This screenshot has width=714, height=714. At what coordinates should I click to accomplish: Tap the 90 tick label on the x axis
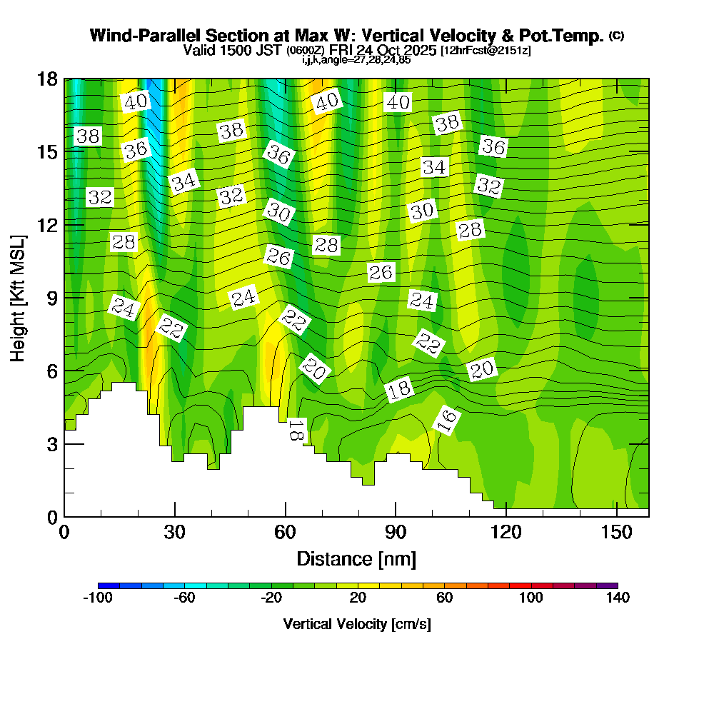tap(396, 532)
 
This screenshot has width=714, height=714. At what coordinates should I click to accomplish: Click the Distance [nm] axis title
tap(356, 558)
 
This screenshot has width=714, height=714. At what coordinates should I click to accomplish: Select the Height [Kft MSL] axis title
tap(19, 297)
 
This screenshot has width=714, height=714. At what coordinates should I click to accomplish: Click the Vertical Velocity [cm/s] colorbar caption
tap(357, 624)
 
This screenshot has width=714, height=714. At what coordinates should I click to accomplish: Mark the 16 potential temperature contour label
tap(447, 422)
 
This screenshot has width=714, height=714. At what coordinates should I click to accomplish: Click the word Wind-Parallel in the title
tap(146, 36)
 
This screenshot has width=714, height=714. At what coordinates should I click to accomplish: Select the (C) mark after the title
tap(615, 36)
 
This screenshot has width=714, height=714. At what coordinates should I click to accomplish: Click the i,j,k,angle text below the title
tap(356, 60)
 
